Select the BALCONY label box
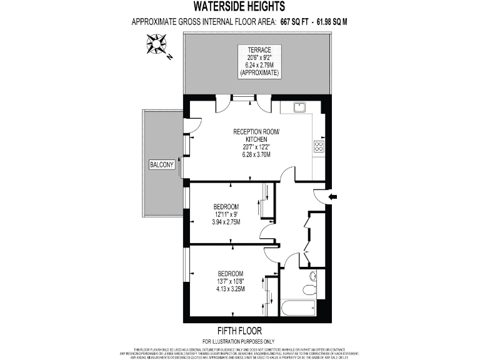(161, 165)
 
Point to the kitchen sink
(298, 107)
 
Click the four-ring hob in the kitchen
(318, 147)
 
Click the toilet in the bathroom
(308, 289)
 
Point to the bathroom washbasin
(313, 276)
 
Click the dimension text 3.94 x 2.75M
(226, 222)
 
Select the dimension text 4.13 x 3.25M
(231, 288)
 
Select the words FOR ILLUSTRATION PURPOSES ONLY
(239, 341)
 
